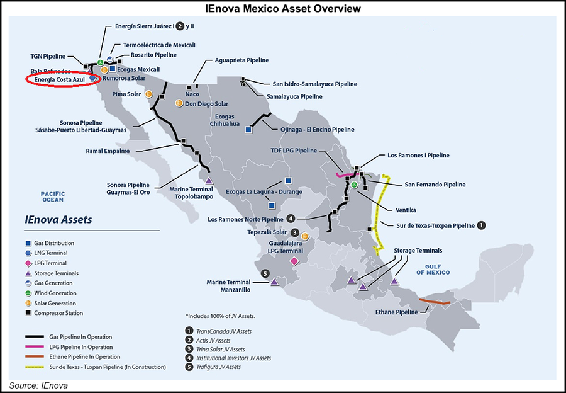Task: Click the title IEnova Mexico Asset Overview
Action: pyautogui.click(x=283, y=9)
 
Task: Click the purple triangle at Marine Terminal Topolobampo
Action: pyautogui.click(x=209, y=181)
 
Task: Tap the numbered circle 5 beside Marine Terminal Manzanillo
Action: pyautogui.click(x=265, y=273)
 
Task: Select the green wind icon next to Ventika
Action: pyautogui.click(x=354, y=185)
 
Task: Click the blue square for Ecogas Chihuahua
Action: pyautogui.click(x=248, y=130)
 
